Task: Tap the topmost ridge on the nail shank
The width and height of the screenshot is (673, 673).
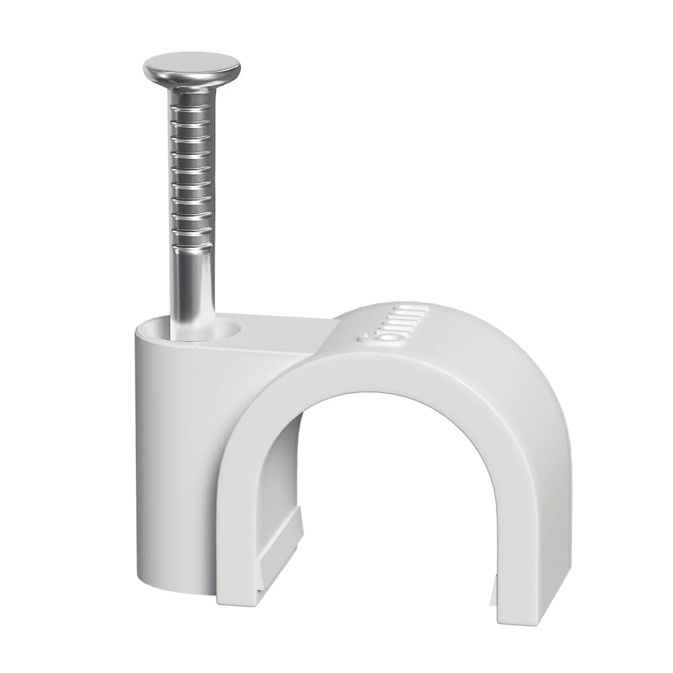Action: pos(192,109)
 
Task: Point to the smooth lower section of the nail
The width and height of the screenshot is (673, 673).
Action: pos(192,283)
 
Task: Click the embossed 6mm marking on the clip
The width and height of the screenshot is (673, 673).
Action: pos(394,324)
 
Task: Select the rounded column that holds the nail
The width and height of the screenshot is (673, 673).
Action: pos(175,458)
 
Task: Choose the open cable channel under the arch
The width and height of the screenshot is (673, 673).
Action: pos(397,511)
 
